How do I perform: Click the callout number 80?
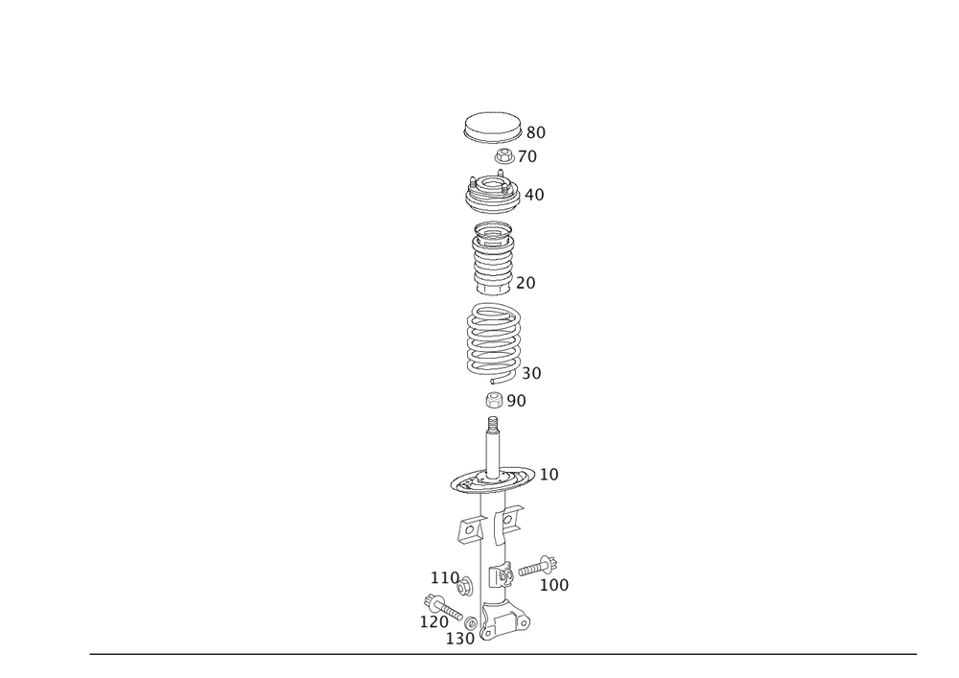click(x=536, y=132)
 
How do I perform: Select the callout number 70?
click(x=527, y=156)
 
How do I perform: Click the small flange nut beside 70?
click(x=504, y=156)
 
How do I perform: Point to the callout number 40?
click(x=534, y=195)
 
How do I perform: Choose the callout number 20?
click(x=526, y=283)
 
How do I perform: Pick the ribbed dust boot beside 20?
click(x=493, y=258)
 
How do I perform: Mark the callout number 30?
click(x=531, y=374)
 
